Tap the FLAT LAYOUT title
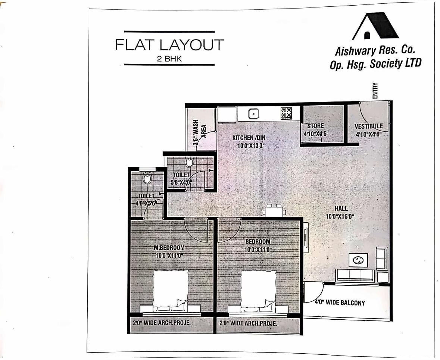point(169,45)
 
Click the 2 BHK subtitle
point(169,59)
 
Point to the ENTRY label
point(375,91)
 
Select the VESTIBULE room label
point(368,126)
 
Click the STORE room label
point(316,126)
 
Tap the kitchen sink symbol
point(253,113)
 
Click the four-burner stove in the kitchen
point(286,113)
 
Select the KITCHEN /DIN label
point(249,138)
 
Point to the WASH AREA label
point(200,134)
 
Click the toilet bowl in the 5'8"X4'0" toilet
point(190,162)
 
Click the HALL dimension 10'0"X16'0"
point(340,216)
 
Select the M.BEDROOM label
point(169,248)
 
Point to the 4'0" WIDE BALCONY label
point(340,303)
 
